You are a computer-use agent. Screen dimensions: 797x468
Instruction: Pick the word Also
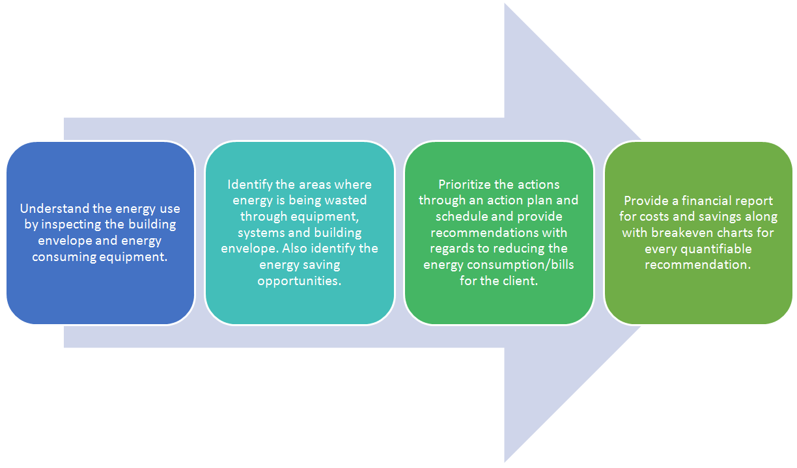click(294, 248)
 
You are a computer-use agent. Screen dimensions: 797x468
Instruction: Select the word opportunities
click(300, 281)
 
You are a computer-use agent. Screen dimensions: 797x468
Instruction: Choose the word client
click(523, 281)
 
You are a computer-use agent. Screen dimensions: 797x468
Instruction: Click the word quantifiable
click(716, 249)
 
